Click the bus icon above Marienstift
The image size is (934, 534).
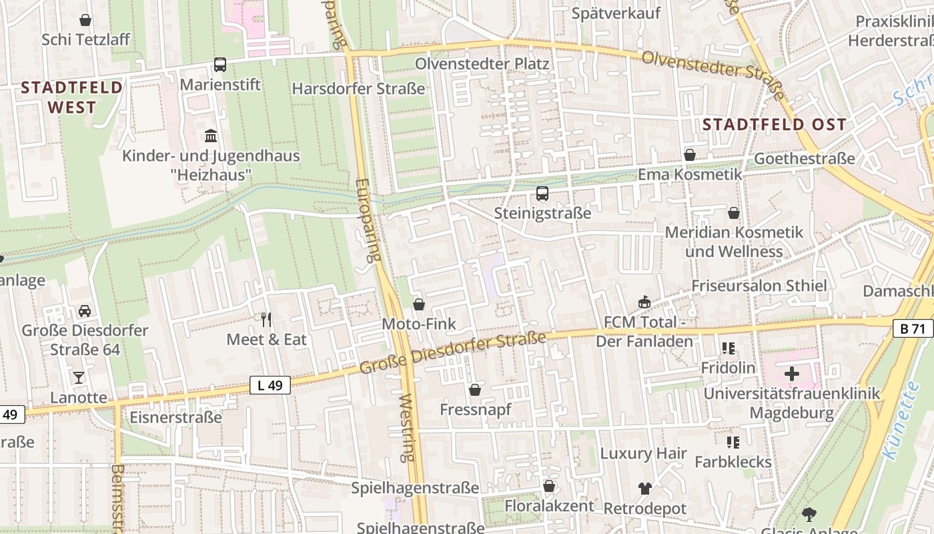pyautogui.click(x=219, y=65)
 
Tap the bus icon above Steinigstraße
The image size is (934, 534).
pyautogui.click(x=542, y=194)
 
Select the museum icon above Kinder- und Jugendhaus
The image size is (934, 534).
pyautogui.click(x=211, y=136)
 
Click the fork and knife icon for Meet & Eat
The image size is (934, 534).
pyautogui.click(x=266, y=320)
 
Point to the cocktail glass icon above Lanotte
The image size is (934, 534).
pyautogui.click(x=79, y=378)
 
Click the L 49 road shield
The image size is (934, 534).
pyautogui.click(x=270, y=385)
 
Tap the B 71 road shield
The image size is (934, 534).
pyautogui.click(x=912, y=328)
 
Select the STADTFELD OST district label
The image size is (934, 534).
pyautogui.click(x=774, y=124)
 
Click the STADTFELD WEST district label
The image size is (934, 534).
pyautogui.click(x=72, y=97)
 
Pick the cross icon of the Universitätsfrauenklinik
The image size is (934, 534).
pyautogui.click(x=792, y=374)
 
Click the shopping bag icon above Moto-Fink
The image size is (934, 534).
pyautogui.click(x=419, y=304)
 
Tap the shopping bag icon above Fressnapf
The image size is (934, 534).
pyautogui.click(x=475, y=390)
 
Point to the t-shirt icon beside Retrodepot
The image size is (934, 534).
pyautogui.click(x=644, y=489)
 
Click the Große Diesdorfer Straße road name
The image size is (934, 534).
pyautogui.click(x=453, y=353)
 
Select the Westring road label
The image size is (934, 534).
pyautogui.click(x=406, y=427)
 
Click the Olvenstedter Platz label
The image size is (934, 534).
pyautogui.click(x=482, y=63)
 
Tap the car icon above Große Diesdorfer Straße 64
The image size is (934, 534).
pyautogui.click(x=85, y=311)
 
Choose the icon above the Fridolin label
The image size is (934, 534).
pyautogui.click(x=728, y=348)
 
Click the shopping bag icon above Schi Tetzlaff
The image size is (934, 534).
pyautogui.click(x=85, y=21)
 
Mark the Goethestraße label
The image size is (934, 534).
pyautogui.click(x=804, y=158)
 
